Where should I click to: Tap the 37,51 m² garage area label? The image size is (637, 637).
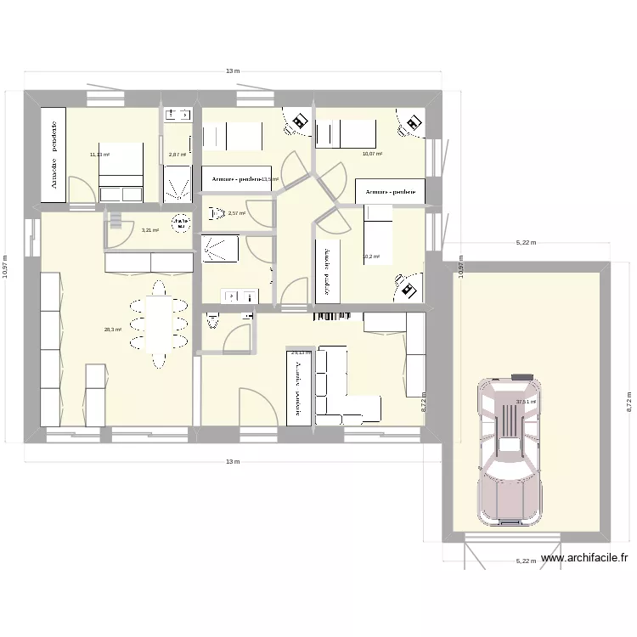[526, 402]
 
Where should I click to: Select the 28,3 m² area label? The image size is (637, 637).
[113, 330]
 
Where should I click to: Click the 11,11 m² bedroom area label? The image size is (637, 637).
[99, 155]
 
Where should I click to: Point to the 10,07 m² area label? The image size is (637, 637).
[372, 155]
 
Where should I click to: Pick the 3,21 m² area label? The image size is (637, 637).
[149, 230]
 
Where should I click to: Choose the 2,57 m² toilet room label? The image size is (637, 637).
[236, 213]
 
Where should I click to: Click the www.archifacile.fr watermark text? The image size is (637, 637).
[583, 558]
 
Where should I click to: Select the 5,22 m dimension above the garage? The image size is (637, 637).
[526, 243]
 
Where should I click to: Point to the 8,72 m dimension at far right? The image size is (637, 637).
[629, 400]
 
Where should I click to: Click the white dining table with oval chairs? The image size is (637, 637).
[158, 321]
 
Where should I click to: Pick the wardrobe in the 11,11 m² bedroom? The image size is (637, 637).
[54, 155]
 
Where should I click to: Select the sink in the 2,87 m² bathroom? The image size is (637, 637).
[178, 114]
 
